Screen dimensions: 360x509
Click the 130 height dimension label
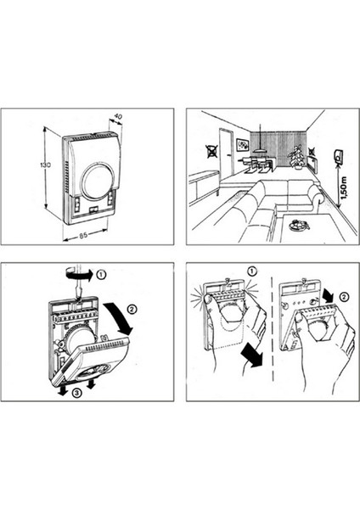click(x=46, y=165)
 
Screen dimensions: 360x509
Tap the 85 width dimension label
click(x=83, y=235)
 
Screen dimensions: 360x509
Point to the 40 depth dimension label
click(x=119, y=116)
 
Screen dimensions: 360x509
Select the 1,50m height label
click(x=345, y=188)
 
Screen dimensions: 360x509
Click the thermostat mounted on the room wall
click(x=339, y=157)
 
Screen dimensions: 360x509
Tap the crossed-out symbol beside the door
click(x=211, y=152)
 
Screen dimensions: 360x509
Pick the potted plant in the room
click(x=297, y=157)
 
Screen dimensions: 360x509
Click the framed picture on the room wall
click(x=242, y=145)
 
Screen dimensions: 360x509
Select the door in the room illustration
click(x=227, y=153)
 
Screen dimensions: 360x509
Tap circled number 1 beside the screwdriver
click(x=101, y=275)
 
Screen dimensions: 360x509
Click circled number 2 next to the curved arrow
click(x=132, y=309)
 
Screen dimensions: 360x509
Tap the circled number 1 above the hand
click(x=252, y=271)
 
